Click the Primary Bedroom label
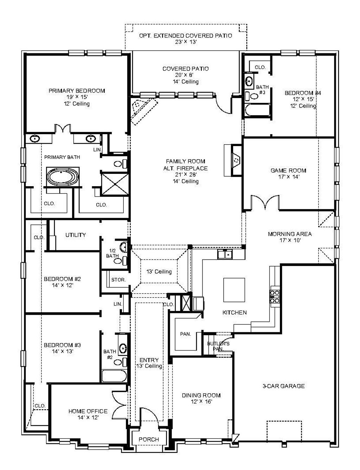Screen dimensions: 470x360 click(77, 91)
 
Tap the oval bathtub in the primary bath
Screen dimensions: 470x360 click(63, 177)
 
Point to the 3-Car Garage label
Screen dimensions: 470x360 click(284, 386)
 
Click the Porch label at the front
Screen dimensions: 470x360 click(149, 439)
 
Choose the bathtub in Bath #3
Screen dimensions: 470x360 click(257, 110)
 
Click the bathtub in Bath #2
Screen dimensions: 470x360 click(114, 376)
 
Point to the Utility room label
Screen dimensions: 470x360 click(76, 235)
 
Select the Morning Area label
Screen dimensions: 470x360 click(290, 234)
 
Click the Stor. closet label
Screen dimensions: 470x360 click(118, 280)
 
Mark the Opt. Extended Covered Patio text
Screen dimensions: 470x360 click(186, 35)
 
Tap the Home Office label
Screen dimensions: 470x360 click(88, 411)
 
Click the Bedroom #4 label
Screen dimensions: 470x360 click(303, 93)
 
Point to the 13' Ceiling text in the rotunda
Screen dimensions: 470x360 click(159, 272)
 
